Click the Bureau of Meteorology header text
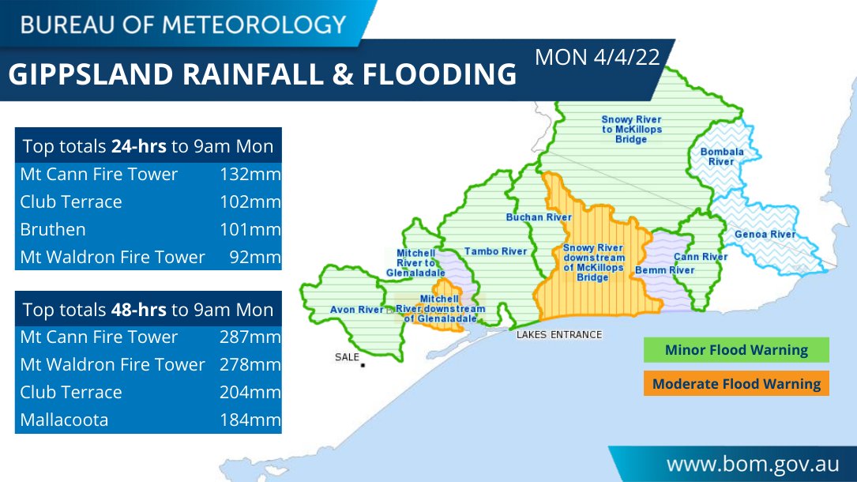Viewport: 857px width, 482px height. (183, 24)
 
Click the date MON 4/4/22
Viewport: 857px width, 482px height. (597, 58)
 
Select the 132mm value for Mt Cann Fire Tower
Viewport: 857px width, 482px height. (250, 174)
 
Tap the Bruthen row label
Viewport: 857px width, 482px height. (53, 230)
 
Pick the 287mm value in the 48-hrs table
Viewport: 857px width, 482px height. (250, 337)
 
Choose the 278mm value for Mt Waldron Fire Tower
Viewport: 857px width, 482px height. (250, 365)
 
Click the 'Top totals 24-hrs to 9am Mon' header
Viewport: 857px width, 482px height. (148, 146)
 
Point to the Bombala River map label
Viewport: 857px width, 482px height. (721, 156)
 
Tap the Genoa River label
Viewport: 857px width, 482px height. (765, 235)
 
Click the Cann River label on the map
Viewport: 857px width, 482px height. (700, 257)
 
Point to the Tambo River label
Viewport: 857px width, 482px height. (495, 251)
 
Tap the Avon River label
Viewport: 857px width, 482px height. (356, 310)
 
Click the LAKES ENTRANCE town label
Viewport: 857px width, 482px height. (558, 334)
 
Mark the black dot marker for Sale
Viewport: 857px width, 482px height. (363, 365)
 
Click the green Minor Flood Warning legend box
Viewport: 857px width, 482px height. (735, 350)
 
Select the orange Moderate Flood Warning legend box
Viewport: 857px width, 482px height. (735, 384)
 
